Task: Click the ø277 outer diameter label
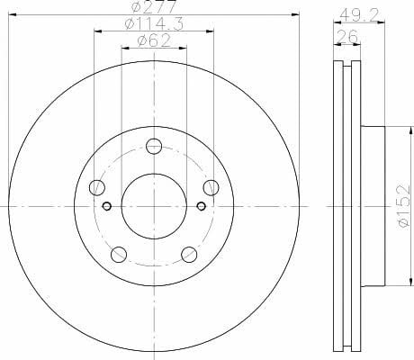(154, 6)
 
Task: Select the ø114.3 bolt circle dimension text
(154, 24)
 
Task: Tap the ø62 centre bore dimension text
(154, 40)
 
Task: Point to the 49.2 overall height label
(359, 14)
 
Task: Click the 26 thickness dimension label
(347, 37)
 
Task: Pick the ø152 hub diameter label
(403, 205)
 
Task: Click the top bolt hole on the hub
(154, 147)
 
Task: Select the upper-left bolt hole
(97, 188)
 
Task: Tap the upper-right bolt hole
(211, 188)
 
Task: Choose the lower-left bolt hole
(119, 255)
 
